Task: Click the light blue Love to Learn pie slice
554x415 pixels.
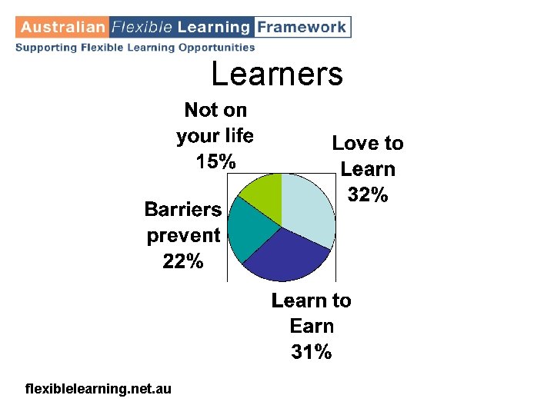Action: click(308, 207)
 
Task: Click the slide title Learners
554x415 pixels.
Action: click(277, 75)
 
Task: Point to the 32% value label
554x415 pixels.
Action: click(368, 195)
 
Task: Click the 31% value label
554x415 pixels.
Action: click(312, 352)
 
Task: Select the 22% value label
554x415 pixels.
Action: click(183, 261)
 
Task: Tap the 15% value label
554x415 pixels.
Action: click(215, 161)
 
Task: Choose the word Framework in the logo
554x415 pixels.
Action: click(301, 27)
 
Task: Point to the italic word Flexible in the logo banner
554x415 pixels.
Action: click(142, 27)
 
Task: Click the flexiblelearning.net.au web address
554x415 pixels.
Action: click(98, 390)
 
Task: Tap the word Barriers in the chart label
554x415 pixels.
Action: click(183, 209)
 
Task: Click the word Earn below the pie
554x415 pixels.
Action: click(312, 326)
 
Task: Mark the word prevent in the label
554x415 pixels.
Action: click(183, 235)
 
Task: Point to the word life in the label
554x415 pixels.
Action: click(238, 135)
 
